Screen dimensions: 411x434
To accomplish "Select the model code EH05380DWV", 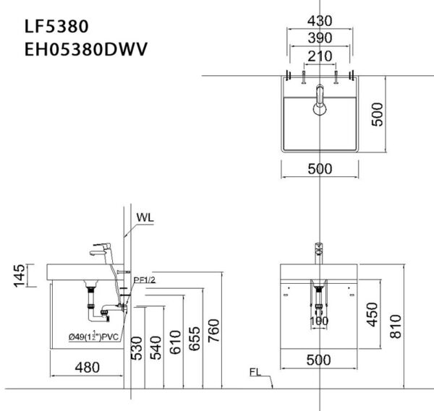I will click(85, 50).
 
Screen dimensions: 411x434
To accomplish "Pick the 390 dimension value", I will click(319, 38).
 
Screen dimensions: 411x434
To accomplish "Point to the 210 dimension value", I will click(319, 56).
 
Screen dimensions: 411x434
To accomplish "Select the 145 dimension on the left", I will click(20, 274).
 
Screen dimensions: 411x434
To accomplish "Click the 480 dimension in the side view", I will click(88, 367).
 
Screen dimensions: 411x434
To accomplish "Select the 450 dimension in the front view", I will click(373, 313).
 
